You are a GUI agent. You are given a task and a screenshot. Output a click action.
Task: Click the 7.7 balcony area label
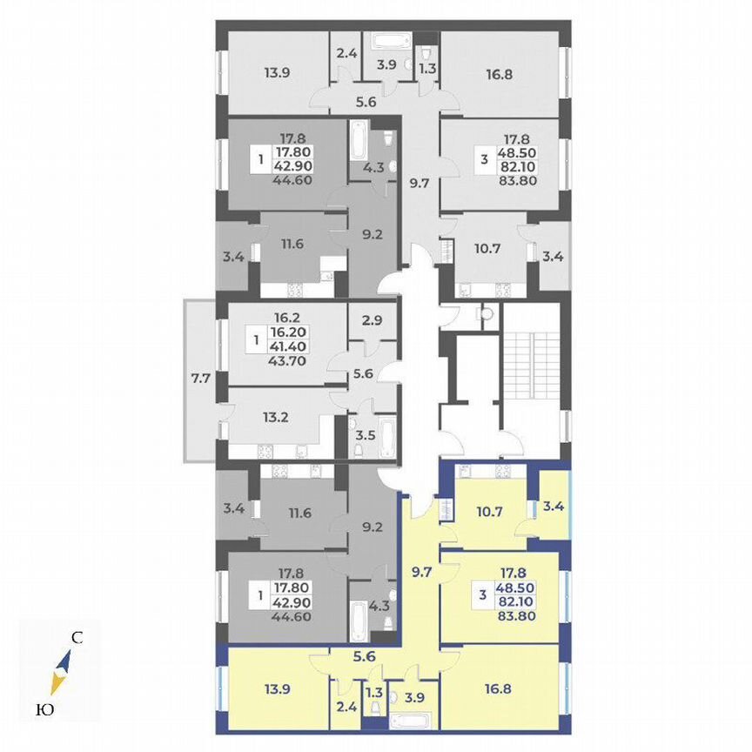click(200, 378)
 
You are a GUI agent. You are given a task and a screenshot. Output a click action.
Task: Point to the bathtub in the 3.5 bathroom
click(387, 433)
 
